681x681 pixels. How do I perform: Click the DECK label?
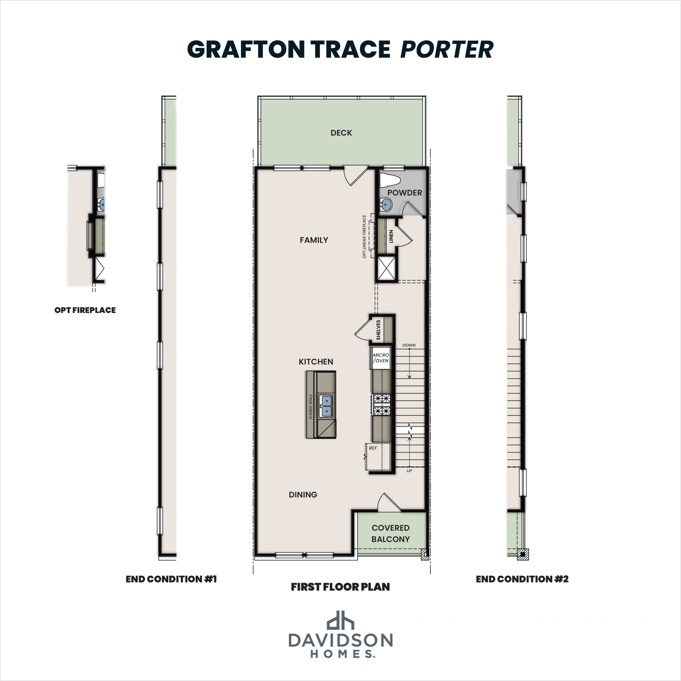tap(341, 133)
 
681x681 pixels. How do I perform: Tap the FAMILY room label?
tap(314, 240)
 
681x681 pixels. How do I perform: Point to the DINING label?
tap(303, 495)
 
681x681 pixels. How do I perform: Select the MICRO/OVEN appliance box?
tap(381, 358)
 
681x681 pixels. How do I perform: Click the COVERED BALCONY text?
tap(391, 533)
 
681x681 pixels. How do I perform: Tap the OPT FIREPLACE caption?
tap(85, 310)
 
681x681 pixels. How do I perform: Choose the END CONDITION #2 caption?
tap(522, 579)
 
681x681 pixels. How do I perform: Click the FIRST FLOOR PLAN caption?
tap(340, 587)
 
